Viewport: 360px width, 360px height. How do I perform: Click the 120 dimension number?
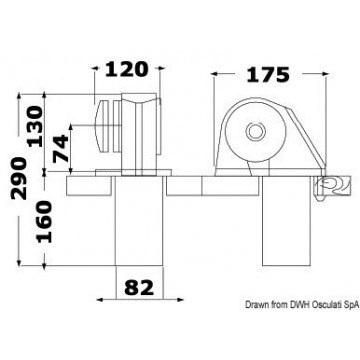126,69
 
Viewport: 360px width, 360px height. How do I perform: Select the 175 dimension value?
268,75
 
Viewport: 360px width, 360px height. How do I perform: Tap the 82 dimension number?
139,288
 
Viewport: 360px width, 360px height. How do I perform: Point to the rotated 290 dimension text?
19,178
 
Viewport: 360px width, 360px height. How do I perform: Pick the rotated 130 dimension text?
35,126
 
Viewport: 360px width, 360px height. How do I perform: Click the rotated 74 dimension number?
61,148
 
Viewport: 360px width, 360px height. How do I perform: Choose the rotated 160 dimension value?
45,221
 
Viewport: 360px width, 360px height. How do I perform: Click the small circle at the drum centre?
256,131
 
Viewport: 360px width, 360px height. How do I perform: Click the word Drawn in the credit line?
254,304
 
